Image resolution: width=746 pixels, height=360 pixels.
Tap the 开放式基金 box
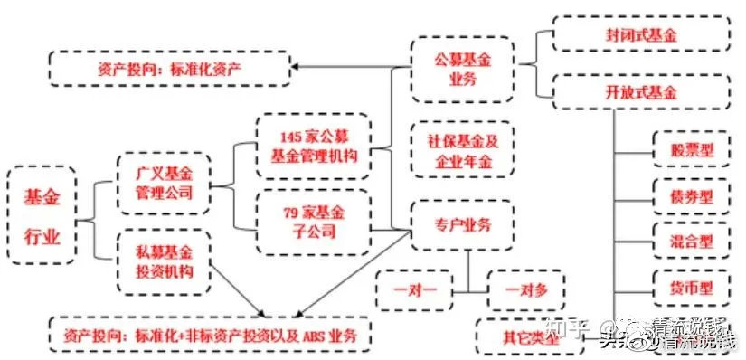point(641,91)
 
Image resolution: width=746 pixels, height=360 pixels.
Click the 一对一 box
point(415,290)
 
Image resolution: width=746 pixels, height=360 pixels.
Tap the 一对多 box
point(524,290)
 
